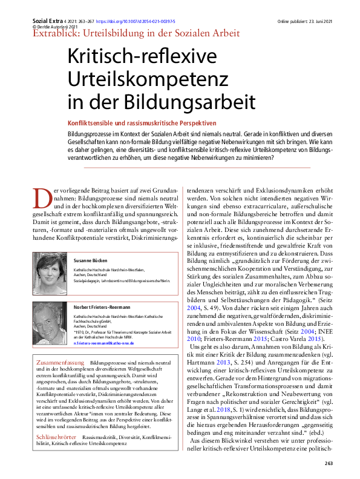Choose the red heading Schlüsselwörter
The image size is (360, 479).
pos(56,437)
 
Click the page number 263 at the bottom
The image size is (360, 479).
pos(329,463)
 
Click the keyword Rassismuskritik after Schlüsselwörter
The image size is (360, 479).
pos(102,437)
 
